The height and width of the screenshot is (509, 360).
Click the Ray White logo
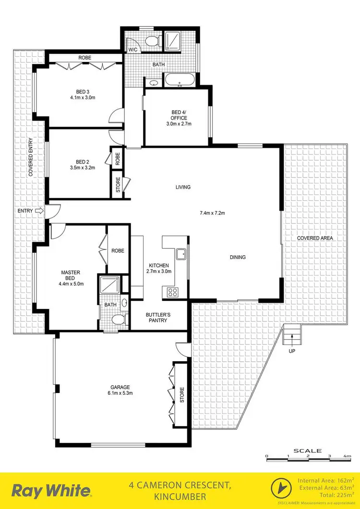[x=51, y=491]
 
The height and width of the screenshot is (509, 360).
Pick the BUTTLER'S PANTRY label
[x=157, y=318]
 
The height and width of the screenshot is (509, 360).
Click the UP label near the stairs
[x=292, y=351]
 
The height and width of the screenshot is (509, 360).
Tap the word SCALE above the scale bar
[x=308, y=450]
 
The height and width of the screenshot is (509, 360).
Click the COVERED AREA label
[x=315, y=238]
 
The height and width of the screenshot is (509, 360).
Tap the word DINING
[x=238, y=257]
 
